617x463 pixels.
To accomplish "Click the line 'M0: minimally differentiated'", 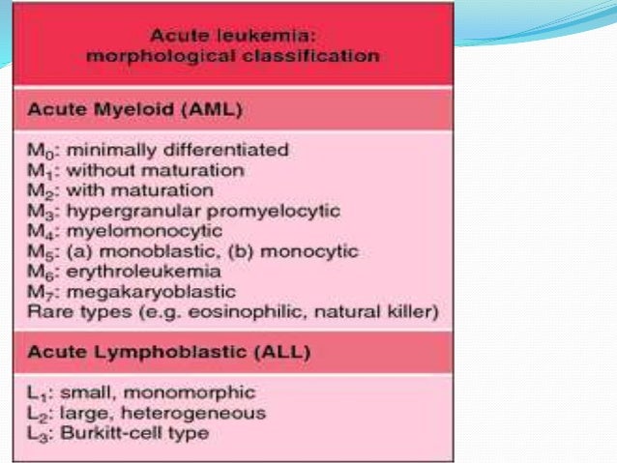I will tap(156, 150).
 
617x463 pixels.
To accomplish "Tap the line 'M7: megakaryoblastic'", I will tap(136, 292).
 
